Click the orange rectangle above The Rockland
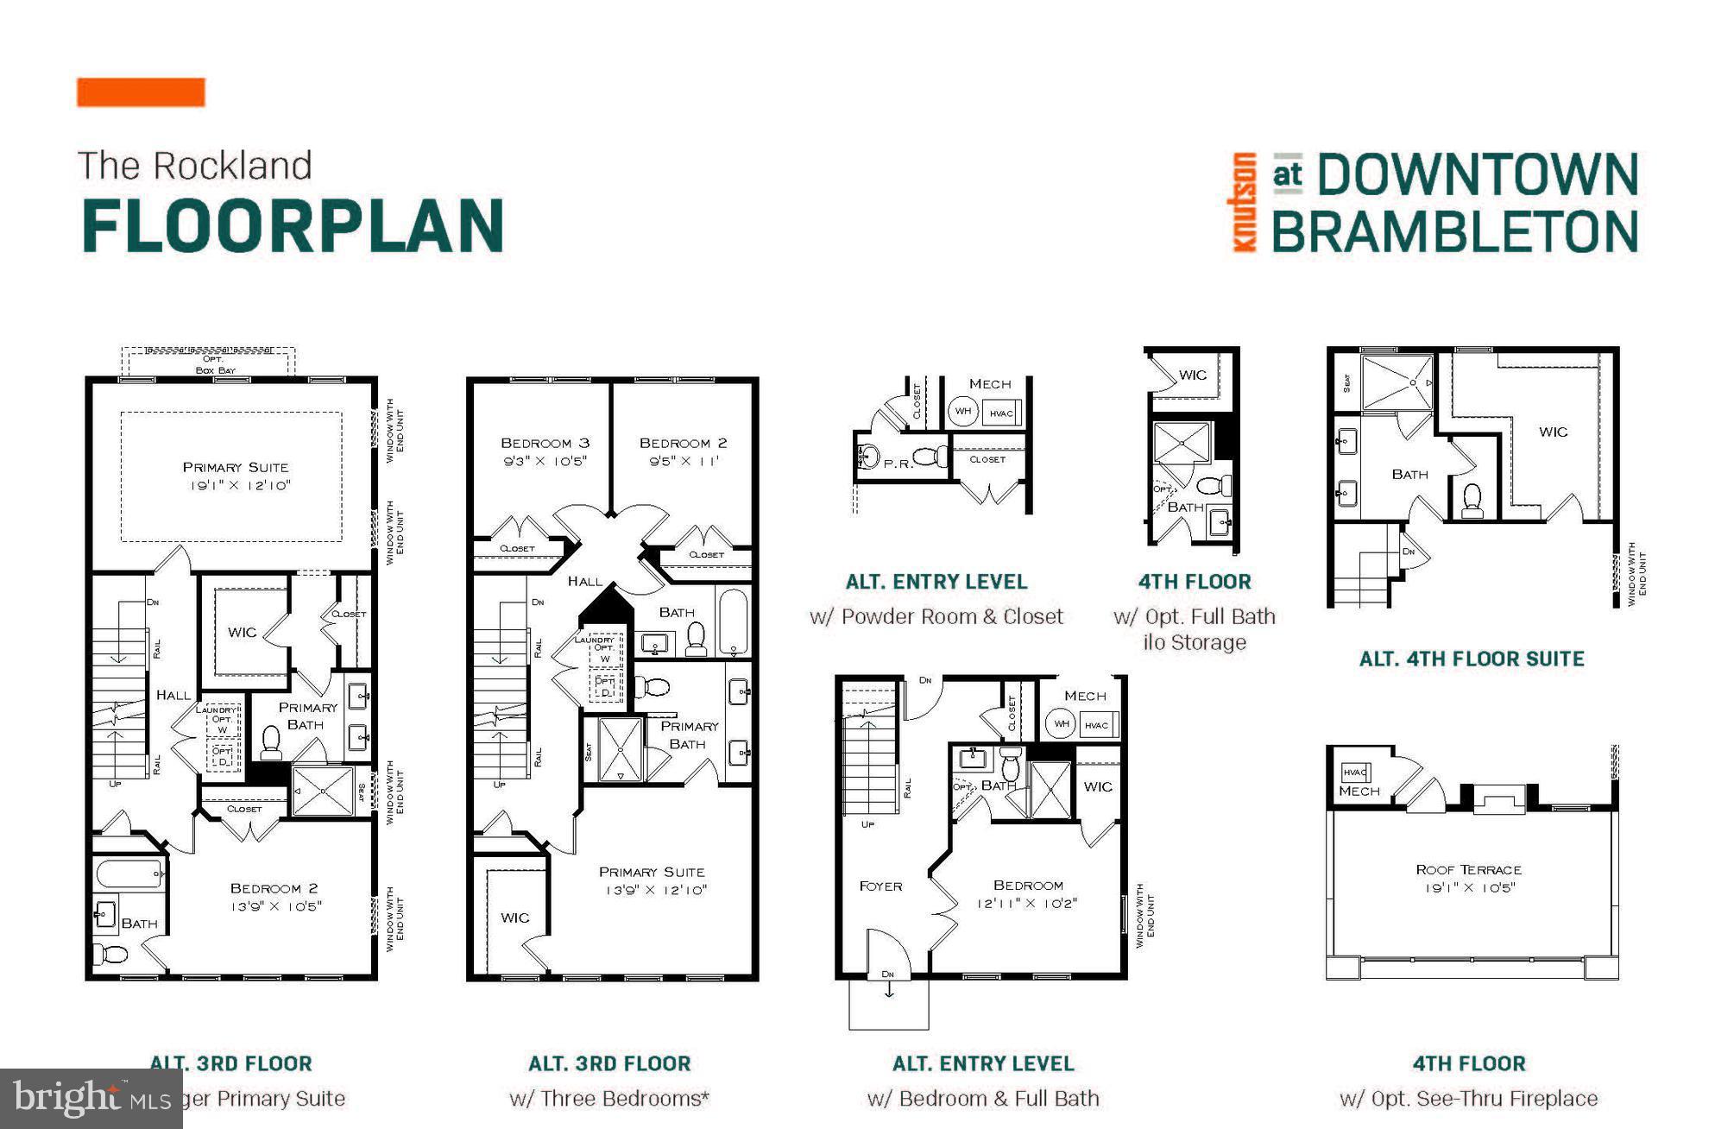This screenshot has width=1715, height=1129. [141, 92]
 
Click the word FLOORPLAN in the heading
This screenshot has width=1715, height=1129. [293, 225]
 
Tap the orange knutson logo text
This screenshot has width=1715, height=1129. [1244, 202]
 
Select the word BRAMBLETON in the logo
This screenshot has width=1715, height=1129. [1454, 232]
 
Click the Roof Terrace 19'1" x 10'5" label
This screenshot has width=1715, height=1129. [1468, 878]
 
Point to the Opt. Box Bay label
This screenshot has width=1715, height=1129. [214, 364]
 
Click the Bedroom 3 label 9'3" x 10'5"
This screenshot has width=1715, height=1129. [545, 451]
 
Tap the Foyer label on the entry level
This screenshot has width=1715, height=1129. [880, 886]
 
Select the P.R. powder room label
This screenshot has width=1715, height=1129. [898, 464]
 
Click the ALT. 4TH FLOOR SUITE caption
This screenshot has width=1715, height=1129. [1472, 659]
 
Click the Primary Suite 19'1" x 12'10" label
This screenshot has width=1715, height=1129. [236, 476]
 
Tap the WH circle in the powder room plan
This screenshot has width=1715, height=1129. [963, 411]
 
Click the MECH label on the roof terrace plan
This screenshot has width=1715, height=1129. [1359, 791]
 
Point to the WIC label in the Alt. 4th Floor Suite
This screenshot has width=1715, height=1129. [1553, 432]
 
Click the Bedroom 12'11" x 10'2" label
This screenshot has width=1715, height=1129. [1027, 894]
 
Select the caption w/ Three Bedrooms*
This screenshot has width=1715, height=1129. [609, 1098]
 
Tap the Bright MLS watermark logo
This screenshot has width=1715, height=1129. [91, 1098]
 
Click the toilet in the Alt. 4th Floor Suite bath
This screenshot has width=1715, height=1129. [1472, 501]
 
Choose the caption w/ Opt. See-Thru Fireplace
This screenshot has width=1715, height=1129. [1468, 1098]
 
